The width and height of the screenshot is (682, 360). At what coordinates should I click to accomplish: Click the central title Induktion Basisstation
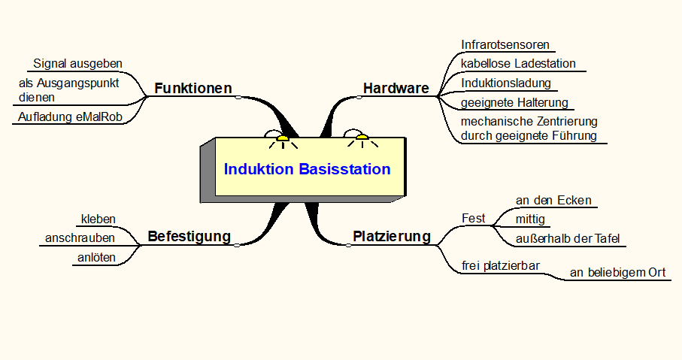click(x=307, y=169)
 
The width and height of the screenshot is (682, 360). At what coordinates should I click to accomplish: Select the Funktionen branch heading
click(x=192, y=88)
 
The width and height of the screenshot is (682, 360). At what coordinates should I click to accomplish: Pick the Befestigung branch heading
click(x=189, y=236)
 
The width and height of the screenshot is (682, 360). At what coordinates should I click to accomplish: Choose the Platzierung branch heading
click(x=392, y=237)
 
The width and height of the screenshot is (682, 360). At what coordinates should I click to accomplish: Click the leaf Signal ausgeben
click(x=77, y=63)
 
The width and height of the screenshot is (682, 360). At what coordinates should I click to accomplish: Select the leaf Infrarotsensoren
click(x=505, y=44)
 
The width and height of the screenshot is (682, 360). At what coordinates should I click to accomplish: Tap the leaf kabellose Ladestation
click(x=518, y=64)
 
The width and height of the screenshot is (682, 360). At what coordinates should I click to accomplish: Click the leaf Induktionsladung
click(x=506, y=83)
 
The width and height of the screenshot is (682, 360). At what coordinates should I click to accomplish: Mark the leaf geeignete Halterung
click(x=514, y=102)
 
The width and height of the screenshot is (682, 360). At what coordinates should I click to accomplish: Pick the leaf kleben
click(x=98, y=219)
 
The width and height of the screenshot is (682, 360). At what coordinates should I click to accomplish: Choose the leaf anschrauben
click(x=80, y=238)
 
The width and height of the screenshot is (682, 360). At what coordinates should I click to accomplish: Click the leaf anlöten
click(x=96, y=258)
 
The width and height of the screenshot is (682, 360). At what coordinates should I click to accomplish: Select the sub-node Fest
click(x=473, y=219)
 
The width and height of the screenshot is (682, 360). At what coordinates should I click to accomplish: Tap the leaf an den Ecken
click(x=553, y=200)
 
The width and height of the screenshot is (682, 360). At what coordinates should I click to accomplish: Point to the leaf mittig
click(x=529, y=219)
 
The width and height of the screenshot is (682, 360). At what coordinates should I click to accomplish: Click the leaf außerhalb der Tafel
click(x=568, y=239)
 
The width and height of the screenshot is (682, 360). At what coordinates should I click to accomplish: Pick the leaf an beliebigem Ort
click(x=617, y=272)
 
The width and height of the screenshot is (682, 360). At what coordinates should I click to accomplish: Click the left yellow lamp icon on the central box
click(x=283, y=138)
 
